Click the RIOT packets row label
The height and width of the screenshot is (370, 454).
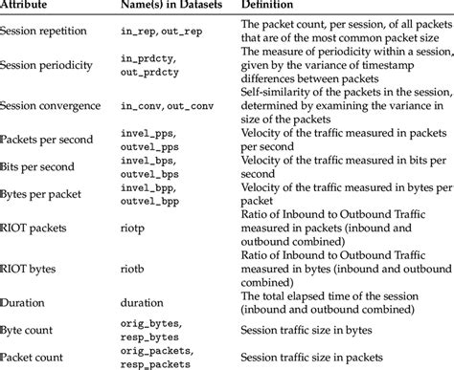(x=34, y=229)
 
